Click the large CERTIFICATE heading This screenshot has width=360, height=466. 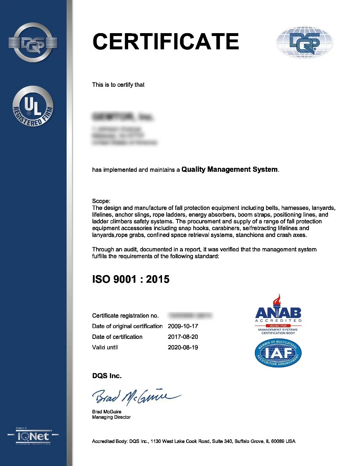point(166,41)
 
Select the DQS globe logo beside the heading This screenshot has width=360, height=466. point(304,42)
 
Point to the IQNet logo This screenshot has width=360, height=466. point(33,436)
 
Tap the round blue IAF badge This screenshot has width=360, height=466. point(278,353)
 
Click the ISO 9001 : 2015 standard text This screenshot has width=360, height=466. point(131,279)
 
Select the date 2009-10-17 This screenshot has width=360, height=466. point(183,326)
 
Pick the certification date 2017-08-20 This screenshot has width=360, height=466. point(183,337)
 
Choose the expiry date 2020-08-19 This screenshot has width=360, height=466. point(183,348)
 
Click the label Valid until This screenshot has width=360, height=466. point(105,348)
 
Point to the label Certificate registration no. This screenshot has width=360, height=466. point(125,316)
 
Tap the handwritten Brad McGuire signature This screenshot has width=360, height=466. point(135,396)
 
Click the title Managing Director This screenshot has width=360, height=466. point(111,417)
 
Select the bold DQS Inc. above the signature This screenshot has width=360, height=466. point(107,376)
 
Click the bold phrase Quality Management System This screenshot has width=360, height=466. point(230,169)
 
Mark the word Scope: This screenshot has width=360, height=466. point(101,201)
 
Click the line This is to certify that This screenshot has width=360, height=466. point(118,85)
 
